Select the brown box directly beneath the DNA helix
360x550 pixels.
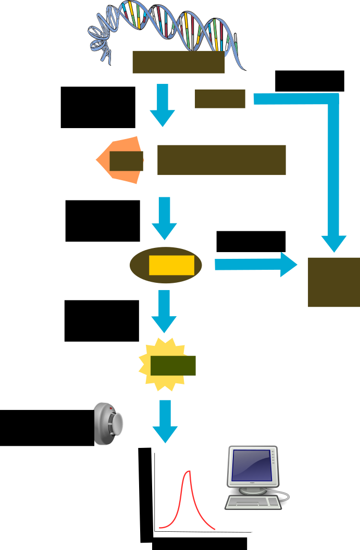[178, 62]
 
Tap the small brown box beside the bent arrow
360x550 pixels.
[220, 98]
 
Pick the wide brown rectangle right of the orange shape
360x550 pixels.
[221, 160]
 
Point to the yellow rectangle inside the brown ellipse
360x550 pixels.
[171, 265]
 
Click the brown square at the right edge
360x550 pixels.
[333, 282]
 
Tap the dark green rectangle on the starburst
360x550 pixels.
[173, 366]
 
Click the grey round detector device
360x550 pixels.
[108, 424]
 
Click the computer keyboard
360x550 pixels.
[253, 503]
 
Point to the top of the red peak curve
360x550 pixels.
[189, 472]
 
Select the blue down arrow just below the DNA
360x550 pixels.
[163, 105]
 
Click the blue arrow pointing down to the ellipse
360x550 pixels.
[164, 218]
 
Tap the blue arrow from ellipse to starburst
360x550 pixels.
[164, 311]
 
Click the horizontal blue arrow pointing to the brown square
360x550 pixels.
[255, 265]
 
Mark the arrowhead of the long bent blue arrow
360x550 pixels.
[333, 244]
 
